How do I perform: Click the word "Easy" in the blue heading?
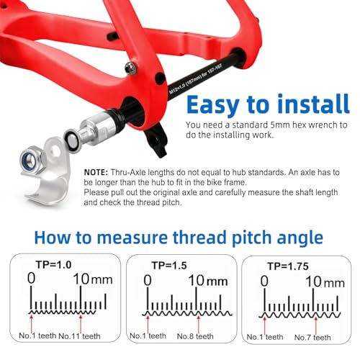213,105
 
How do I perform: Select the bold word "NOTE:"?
96,172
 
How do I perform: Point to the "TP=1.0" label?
54,265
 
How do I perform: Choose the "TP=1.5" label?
169,266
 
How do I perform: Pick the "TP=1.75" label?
288,266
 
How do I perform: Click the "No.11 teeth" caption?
79,336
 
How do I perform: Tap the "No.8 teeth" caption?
195,336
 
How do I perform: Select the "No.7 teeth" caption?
312,338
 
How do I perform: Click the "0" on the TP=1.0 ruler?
32,279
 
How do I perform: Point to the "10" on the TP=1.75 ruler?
313,282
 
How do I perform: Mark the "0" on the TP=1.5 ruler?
148,280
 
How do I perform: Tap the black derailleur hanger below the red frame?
156,139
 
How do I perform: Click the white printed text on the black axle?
196,78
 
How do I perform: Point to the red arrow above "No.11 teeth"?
81,323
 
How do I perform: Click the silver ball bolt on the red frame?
130,67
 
